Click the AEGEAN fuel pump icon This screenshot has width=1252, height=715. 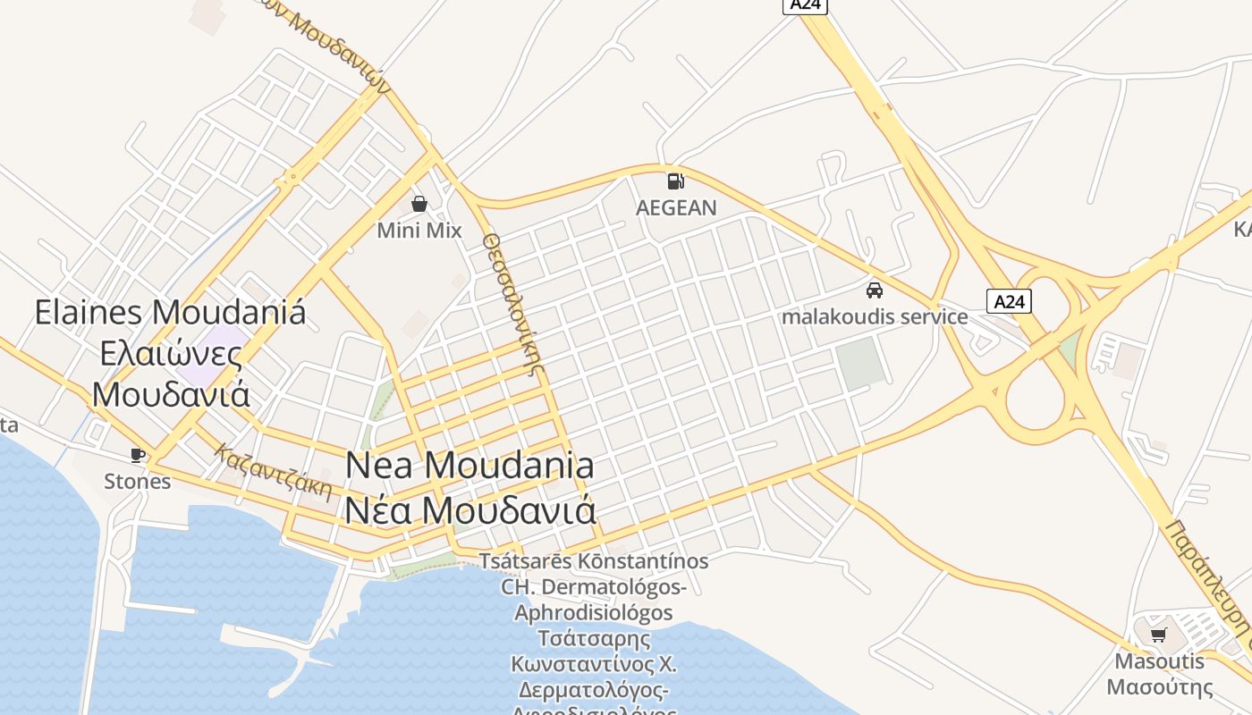tap(676, 181)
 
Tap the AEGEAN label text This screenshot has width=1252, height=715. tap(676, 208)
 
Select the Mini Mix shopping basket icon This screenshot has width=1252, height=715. tap(419, 204)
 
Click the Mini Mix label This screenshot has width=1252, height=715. tap(419, 231)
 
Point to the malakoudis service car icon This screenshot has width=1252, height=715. tap(875, 290)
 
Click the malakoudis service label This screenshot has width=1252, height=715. tap(875, 317)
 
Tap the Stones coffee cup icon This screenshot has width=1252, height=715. tap(137, 455)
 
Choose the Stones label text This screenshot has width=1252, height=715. tap(137, 482)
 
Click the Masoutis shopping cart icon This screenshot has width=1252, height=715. tap(1159, 635)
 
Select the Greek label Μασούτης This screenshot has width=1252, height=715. tap(1159, 687)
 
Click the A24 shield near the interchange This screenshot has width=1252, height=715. tap(1009, 301)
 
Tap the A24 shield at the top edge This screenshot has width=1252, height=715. tap(806, 5)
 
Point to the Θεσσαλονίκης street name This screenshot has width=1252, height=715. tap(513, 304)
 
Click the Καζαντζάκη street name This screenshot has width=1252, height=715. tap(274, 472)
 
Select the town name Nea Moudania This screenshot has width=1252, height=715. tap(469, 466)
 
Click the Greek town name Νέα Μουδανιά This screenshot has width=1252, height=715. tap(469, 510)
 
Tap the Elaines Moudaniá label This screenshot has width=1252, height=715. tap(170, 313)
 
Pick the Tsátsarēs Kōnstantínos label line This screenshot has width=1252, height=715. tap(594, 562)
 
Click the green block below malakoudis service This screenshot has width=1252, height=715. tap(860, 363)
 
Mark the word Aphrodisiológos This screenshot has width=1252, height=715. tap(594, 613)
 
